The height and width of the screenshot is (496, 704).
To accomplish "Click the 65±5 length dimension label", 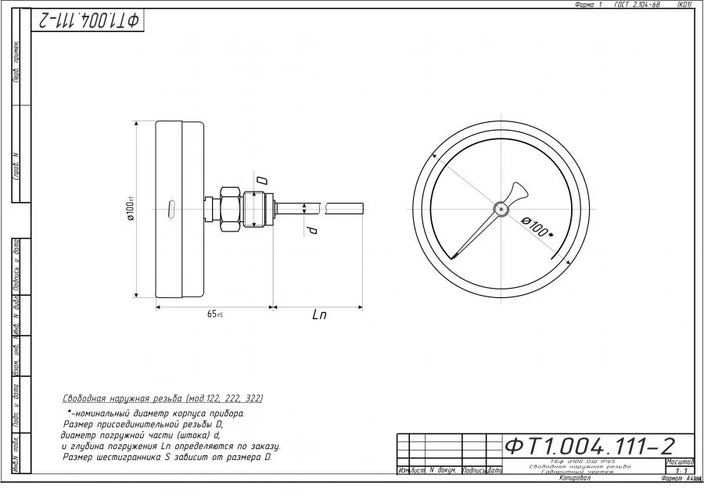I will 214,314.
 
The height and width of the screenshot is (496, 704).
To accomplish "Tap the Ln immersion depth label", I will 319,315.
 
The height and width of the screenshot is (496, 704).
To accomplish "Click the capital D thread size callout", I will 262,181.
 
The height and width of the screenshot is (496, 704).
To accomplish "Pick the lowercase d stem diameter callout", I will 311,231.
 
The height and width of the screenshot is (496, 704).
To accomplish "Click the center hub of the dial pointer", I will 501,208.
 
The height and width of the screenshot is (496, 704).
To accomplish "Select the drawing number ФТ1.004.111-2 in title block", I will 589,446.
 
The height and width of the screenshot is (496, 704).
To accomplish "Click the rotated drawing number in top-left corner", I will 88,21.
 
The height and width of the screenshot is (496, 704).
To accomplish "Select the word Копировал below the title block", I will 575,478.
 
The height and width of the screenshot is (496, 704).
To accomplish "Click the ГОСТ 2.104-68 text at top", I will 637,5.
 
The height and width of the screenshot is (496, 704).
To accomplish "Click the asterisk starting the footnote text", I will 70,411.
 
